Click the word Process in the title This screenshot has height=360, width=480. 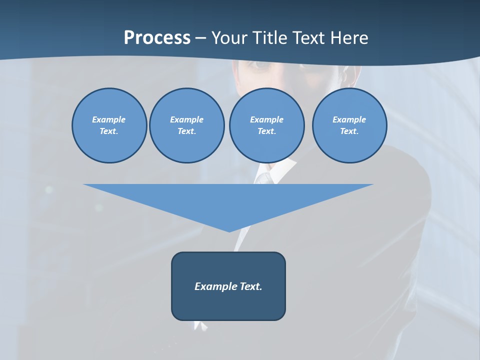[157, 37]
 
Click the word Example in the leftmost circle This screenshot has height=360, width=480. [109, 119]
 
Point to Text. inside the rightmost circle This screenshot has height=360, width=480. [349, 131]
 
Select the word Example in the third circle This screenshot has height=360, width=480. [266, 119]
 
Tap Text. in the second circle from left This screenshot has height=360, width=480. [186, 131]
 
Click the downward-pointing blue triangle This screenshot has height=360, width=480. [228, 200]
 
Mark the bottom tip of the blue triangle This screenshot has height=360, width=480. [229, 230]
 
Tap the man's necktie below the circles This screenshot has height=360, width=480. [264, 178]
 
